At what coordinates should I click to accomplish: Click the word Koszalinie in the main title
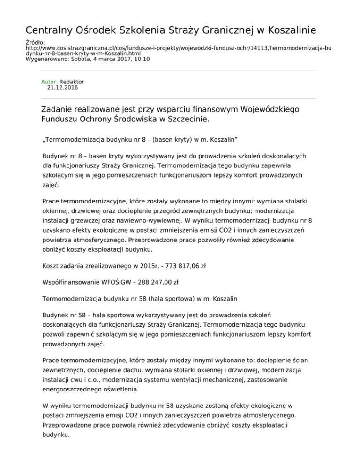point(285,30)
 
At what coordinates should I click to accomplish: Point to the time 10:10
point(141,60)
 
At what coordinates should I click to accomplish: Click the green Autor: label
point(50,82)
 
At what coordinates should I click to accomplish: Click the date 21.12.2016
point(63,87)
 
